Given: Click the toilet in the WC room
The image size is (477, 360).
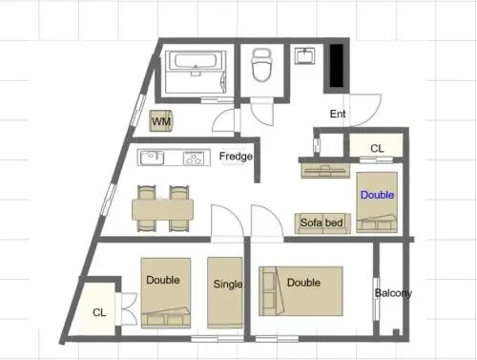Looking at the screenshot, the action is pos(261,65).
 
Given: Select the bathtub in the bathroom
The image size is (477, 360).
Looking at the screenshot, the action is pos(196,61).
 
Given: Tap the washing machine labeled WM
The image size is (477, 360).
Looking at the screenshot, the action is pos(161,121).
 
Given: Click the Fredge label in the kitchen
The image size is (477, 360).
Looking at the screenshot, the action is pos(236,157).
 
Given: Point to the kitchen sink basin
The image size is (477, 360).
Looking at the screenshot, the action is pos(152,158).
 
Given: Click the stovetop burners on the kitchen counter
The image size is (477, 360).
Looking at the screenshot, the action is pos(194,158).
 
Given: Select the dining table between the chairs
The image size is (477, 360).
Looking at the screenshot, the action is pos(162,209).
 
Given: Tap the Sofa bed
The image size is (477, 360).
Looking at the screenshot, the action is pos(322,223).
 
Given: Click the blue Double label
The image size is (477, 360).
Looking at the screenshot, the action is pos(377,195).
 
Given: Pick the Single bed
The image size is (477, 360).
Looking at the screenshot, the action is pos(225,292).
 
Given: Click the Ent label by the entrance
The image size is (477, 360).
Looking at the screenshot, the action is pos(338,114).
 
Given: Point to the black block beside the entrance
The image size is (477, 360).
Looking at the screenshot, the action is pos(336,65).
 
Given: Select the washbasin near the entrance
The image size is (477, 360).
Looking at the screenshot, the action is pos(304,56).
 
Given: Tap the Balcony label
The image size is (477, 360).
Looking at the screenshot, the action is pos(393,293).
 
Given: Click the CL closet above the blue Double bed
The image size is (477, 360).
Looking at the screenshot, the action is pos(377,145).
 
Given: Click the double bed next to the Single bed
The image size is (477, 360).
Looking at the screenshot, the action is pos(166,292).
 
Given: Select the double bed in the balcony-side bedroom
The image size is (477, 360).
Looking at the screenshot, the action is pos(301,291).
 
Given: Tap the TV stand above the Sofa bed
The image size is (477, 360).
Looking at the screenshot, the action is pos(325,170).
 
